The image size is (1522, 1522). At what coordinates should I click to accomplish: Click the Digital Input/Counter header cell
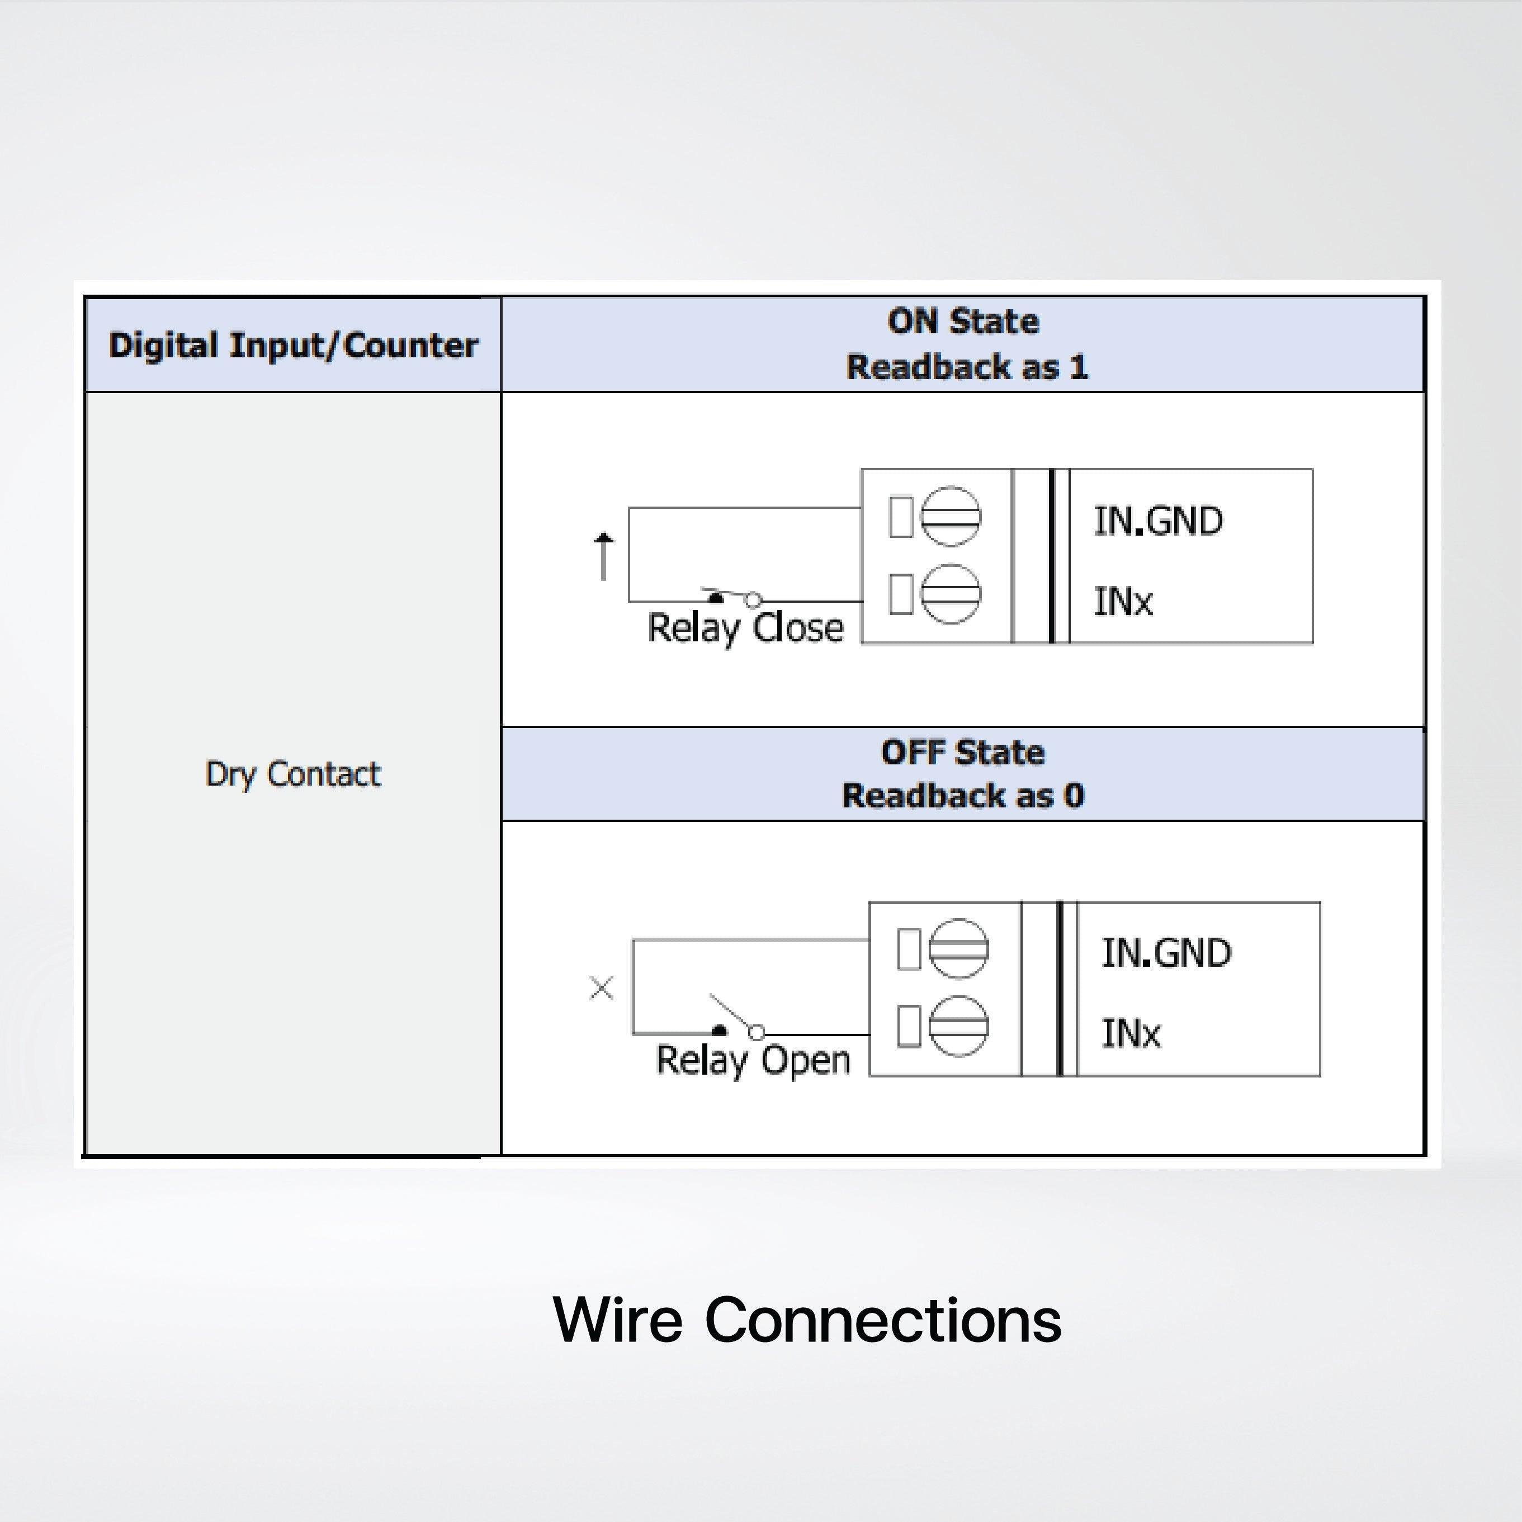[x=293, y=345]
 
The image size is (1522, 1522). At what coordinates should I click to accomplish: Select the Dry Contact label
[x=293, y=774]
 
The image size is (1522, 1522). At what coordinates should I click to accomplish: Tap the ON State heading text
[x=963, y=322]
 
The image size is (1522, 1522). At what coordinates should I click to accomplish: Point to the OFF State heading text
[x=963, y=753]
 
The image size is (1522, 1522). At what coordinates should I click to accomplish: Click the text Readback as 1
[x=967, y=367]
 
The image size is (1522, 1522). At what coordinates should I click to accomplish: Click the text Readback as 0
[x=963, y=796]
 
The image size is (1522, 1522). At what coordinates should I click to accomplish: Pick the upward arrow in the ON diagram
[x=603, y=555]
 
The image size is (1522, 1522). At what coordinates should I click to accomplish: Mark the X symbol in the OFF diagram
[x=602, y=988]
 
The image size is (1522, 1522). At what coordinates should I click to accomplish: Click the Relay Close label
[x=745, y=628]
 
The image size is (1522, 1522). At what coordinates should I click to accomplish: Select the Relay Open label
[x=753, y=1060]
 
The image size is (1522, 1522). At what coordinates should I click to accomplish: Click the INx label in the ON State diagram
[x=1123, y=601]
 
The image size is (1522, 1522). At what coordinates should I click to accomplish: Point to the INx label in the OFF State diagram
[x=1131, y=1033]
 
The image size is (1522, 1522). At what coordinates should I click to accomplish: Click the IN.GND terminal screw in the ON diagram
[x=951, y=517]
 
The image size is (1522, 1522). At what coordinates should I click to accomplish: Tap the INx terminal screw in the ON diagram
[x=951, y=594]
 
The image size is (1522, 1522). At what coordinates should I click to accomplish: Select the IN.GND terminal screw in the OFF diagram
[x=959, y=948]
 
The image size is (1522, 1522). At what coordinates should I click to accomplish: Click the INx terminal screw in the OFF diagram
[x=959, y=1025]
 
